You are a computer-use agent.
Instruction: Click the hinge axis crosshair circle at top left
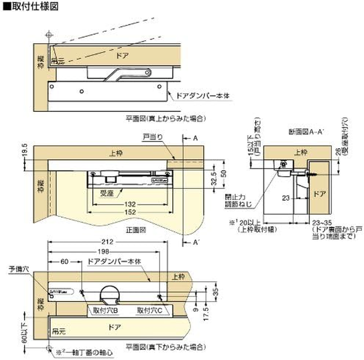pos(49,35)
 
